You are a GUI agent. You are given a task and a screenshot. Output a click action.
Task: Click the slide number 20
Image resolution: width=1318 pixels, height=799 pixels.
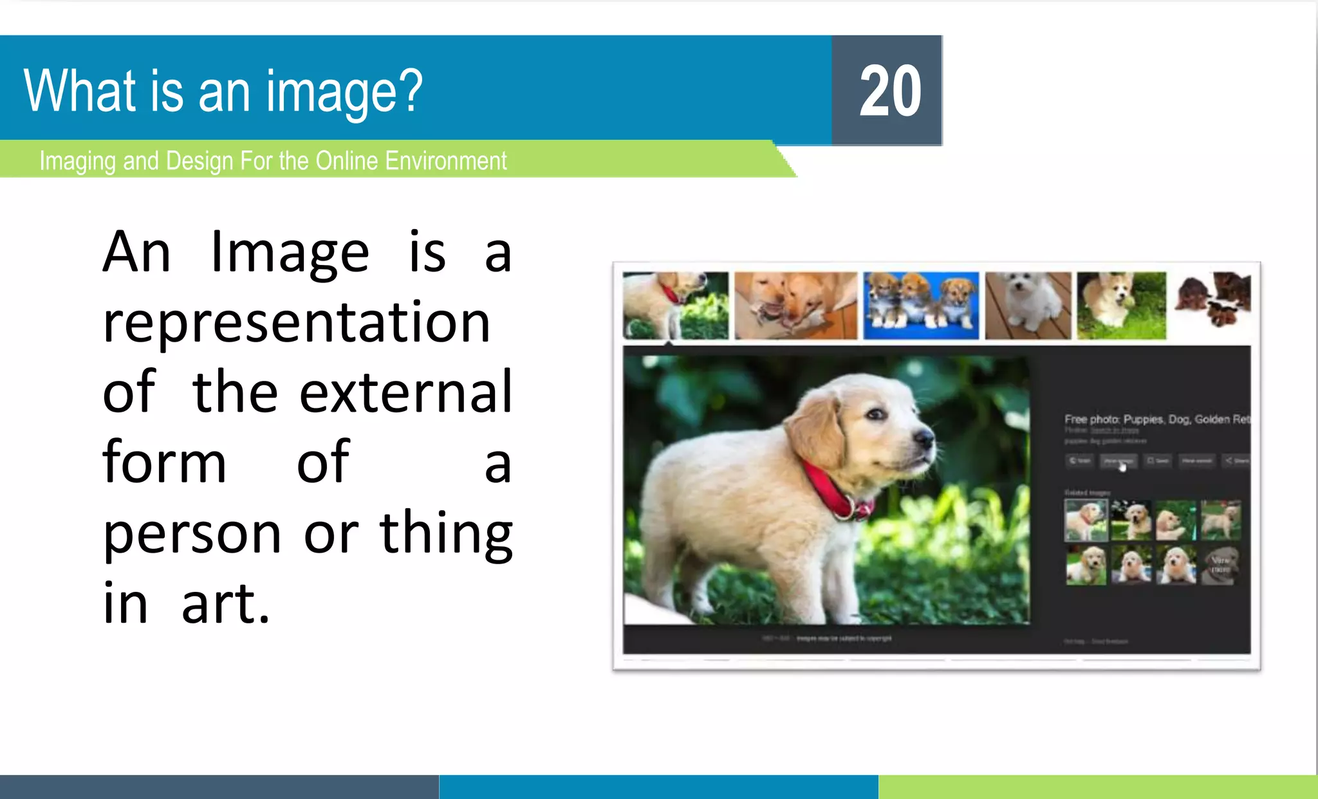(x=890, y=91)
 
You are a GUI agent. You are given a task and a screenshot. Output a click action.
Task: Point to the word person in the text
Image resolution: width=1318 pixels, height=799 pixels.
(x=192, y=534)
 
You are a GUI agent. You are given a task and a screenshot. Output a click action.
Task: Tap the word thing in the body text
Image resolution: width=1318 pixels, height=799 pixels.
(x=446, y=534)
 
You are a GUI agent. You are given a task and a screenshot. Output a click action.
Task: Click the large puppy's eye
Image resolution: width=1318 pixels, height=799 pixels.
(x=876, y=414)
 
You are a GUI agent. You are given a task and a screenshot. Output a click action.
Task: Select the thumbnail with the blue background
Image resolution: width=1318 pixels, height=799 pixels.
(x=921, y=305)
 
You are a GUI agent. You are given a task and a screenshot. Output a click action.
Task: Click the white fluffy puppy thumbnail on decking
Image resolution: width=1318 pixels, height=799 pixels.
(x=1028, y=305)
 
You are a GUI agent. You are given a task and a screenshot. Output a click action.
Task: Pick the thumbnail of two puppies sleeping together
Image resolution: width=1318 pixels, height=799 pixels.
(x=795, y=305)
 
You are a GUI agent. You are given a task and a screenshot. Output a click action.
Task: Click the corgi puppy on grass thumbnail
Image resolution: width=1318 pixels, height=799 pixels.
(x=1121, y=305)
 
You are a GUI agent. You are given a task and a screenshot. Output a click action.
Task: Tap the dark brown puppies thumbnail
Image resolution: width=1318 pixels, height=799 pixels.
(x=1212, y=300)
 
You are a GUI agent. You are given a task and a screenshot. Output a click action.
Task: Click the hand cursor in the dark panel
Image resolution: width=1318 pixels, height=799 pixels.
(x=1122, y=466)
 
